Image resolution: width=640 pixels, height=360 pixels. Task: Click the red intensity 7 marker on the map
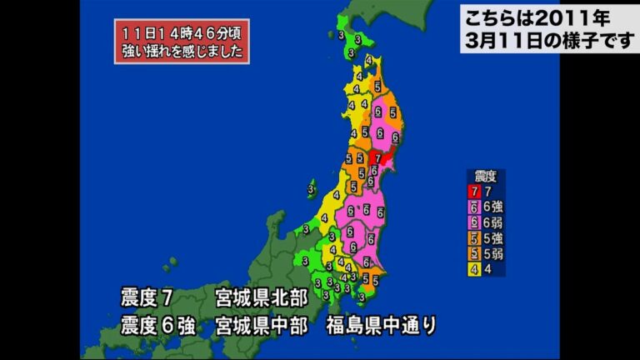coord(378,155)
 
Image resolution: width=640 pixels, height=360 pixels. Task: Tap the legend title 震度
coord(486,177)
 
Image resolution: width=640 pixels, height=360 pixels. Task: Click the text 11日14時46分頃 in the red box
coord(182,32)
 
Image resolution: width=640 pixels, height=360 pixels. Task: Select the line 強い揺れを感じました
coord(182,52)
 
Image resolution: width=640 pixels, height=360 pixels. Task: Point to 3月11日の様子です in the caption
coord(548,40)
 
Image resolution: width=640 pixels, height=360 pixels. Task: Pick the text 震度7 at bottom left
coord(147,297)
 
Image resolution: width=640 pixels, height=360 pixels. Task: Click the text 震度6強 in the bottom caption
coord(158,324)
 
